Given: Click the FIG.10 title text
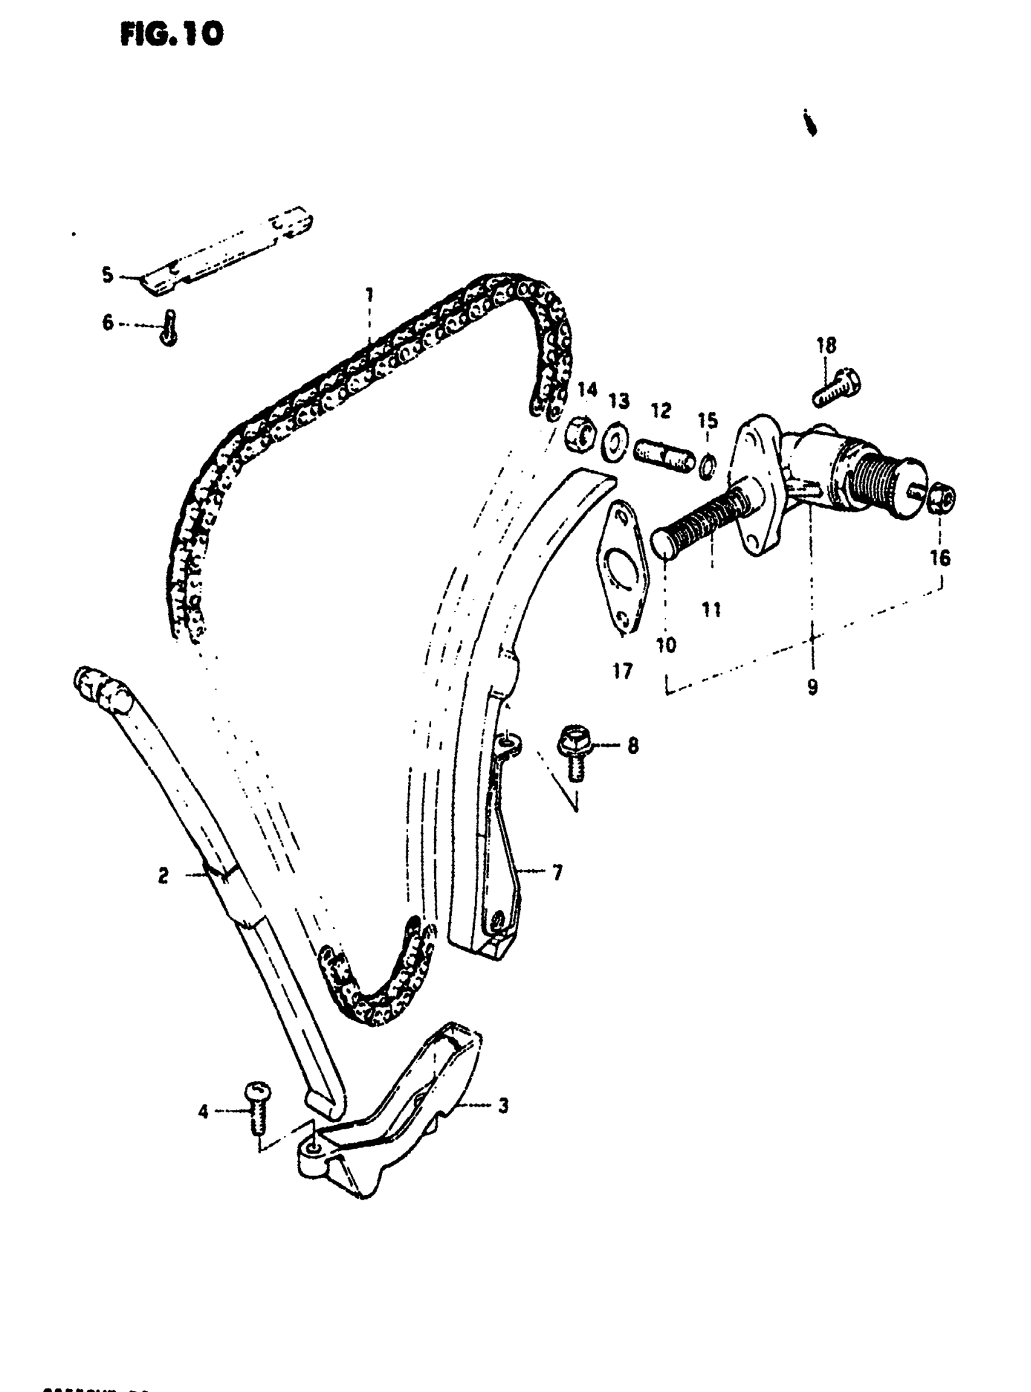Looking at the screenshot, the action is click(x=171, y=35).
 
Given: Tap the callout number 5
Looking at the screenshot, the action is click(x=108, y=275).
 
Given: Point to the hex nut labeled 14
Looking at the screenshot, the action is click(x=580, y=435).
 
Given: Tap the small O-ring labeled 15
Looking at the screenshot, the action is click(x=708, y=465).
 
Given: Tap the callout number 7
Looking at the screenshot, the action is click(x=557, y=872).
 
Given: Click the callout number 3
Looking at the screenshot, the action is click(x=503, y=1106).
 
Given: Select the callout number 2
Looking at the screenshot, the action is click(x=163, y=876).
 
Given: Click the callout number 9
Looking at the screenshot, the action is click(x=812, y=688).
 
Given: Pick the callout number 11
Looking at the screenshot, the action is click(x=711, y=609).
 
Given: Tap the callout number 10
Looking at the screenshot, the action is click(x=666, y=645).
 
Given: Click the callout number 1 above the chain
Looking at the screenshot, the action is click(x=369, y=294).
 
